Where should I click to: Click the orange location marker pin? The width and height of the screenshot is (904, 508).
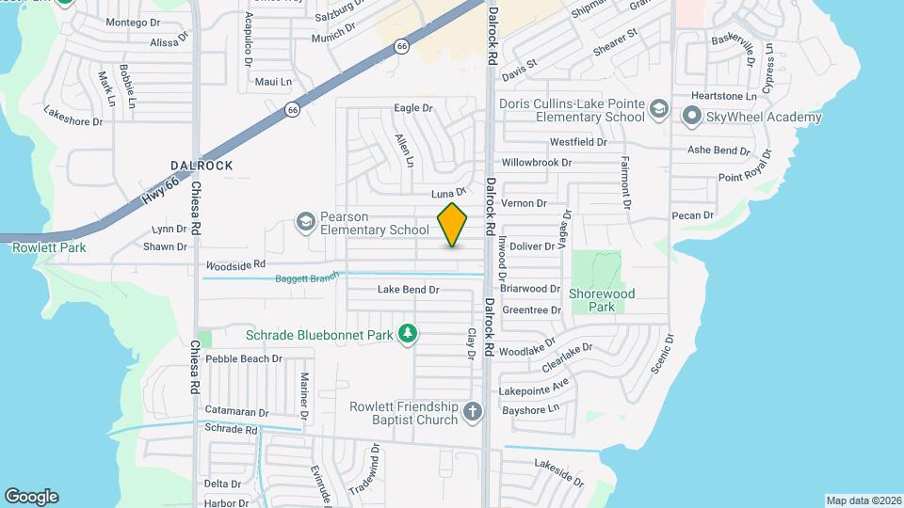point(453,225)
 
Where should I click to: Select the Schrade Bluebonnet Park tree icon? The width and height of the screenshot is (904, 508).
point(408,334)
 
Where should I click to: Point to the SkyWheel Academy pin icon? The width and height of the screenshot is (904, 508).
point(692,117)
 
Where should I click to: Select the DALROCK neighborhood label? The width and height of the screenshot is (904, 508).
point(202,166)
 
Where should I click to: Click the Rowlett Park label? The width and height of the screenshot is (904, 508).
point(49,247)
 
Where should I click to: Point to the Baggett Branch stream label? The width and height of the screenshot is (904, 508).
point(306,278)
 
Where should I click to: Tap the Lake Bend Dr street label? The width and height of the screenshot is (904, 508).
point(409,290)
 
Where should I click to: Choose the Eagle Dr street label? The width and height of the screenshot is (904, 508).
point(412,108)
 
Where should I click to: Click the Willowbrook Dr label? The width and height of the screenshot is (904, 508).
point(536,162)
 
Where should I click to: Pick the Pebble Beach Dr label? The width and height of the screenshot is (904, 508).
point(244,358)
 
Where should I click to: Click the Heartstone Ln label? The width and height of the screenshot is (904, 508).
point(724,96)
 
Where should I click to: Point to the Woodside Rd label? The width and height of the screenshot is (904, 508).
point(236,265)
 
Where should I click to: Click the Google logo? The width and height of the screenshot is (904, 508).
point(31,496)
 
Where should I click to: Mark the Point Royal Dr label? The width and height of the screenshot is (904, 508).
point(745,177)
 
